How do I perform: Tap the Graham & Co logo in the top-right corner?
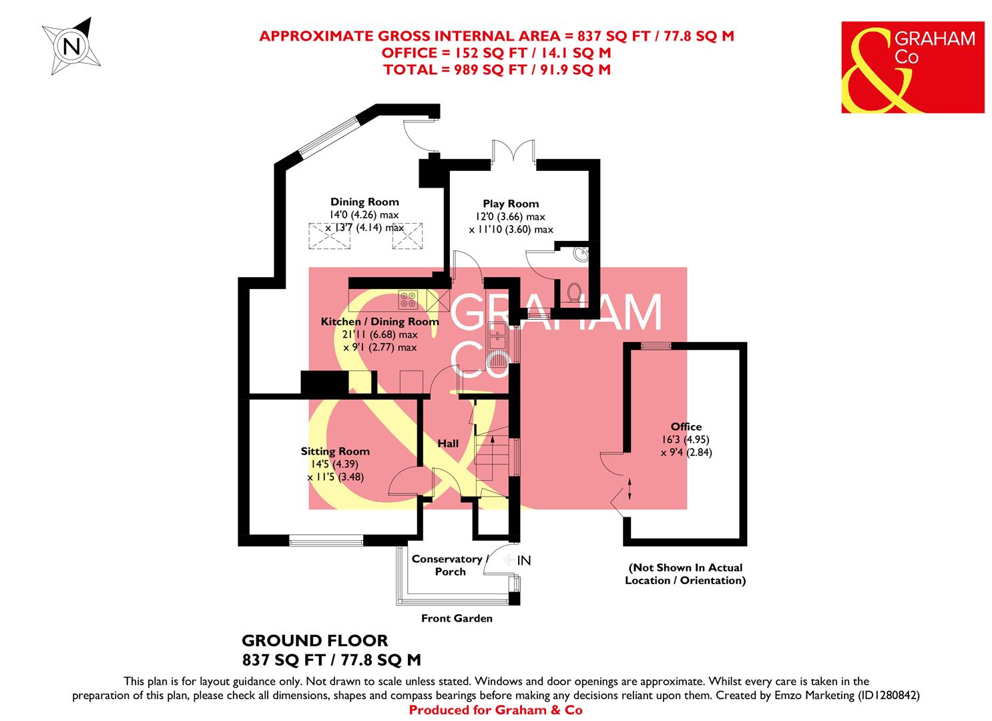[913, 67]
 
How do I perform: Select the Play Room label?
[511, 204]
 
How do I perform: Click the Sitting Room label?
[334, 451]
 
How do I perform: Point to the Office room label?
[686, 427]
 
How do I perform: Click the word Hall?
[448, 443]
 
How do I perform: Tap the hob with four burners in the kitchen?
[408, 299]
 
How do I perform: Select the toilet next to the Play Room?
[574, 292]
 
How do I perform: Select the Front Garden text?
[457, 618]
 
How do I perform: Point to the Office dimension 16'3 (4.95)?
[686, 439]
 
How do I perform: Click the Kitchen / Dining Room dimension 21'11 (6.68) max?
[380, 334]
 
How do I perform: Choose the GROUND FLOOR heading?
[314, 641]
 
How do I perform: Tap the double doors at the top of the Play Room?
[513, 151]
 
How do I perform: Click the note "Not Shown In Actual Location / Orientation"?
[685, 574]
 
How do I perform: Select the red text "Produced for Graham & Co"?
[495, 710]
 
